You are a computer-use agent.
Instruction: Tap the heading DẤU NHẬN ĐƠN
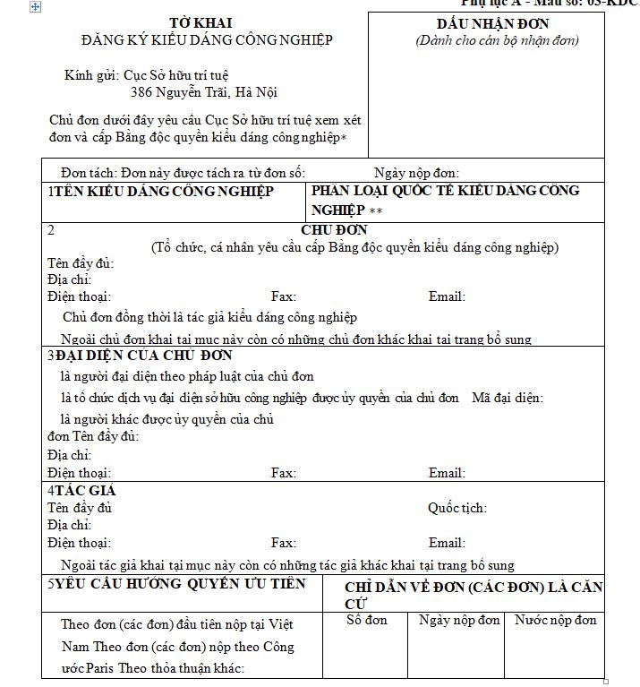tap(492, 23)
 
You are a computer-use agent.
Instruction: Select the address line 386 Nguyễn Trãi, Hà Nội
tap(203, 92)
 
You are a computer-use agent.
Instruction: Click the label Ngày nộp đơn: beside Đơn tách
tap(416, 173)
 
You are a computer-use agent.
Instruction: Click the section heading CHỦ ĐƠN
tap(334, 230)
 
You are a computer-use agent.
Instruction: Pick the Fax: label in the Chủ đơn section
tap(284, 296)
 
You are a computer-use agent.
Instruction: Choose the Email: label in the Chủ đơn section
tap(447, 296)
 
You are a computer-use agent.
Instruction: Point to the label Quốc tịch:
tap(457, 508)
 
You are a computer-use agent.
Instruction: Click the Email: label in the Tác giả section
tap(447, 543)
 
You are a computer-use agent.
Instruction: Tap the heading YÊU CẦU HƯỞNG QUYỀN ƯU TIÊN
tap(179, 584)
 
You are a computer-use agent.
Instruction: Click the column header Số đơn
tap(367, 620)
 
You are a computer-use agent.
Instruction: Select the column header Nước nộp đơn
tap(555, 620)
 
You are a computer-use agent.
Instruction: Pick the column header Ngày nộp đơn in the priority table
tap(459, 620)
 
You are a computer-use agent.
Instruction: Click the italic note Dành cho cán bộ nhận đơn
tap(498, 40)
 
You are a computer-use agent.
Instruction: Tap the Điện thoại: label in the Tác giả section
tap(79, 543)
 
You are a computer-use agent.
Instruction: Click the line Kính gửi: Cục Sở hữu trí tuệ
tap(152, 75)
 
